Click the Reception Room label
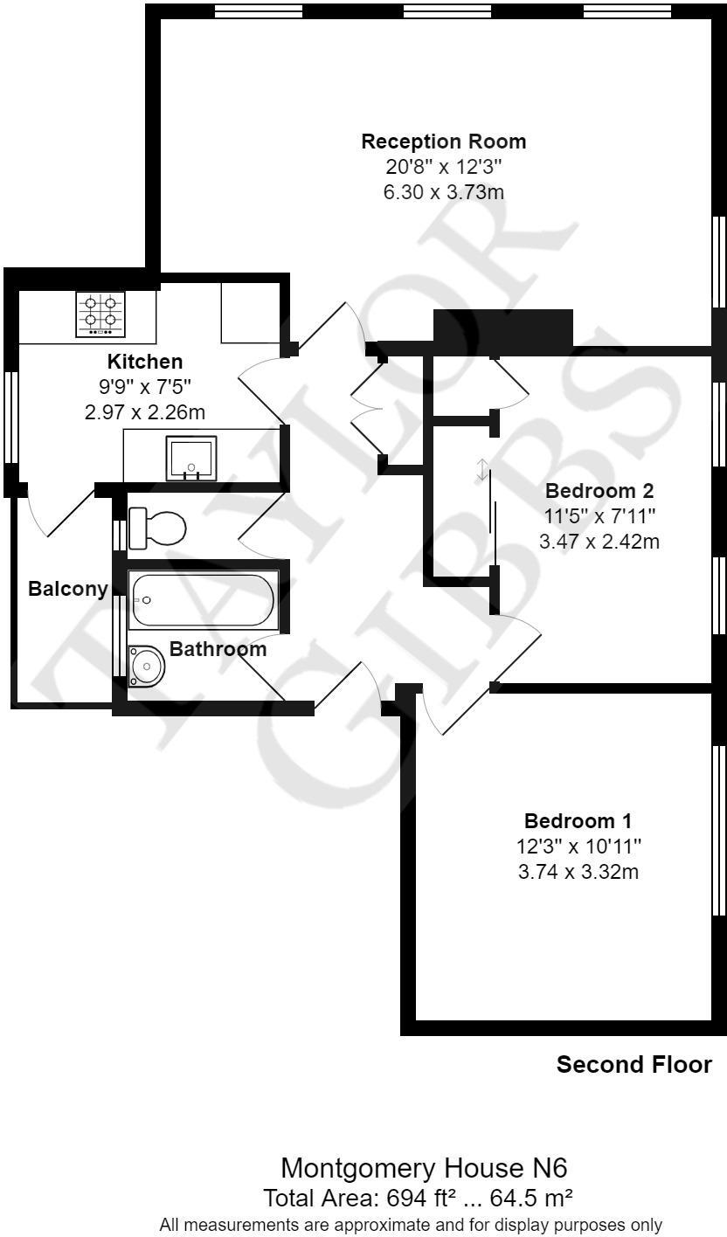[x=444, y=142]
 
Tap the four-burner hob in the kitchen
[x=100, y=314]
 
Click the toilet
[x=157, y=528]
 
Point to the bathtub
[x=202, y=600]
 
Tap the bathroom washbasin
[x=146, y=667]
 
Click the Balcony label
[x=68, y=589]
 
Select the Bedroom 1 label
[x=578, y=821]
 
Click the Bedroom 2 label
[x=599, y=491]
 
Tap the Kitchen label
[x=145, y=362]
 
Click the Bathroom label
[x=218, y=649]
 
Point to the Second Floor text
[x=634, y=1065]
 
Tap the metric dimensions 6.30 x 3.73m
[x=444, y=192]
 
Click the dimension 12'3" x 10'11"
[x=578, y=847]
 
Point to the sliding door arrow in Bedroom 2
[x=481, y=470]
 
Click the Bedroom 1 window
[x=719, y=830]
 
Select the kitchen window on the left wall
[x=11, y=417]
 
